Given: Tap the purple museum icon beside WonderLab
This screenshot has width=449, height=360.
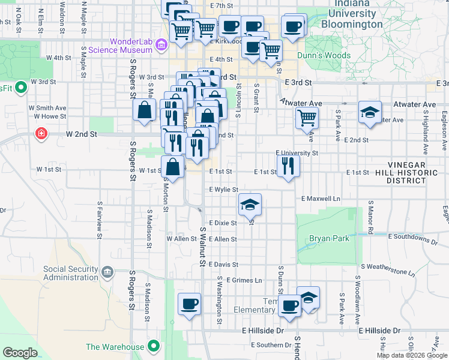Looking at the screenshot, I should pos(161,44).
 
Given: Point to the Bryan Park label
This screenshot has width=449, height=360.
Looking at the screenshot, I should pos(329,238).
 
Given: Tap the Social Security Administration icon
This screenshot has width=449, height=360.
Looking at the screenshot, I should pos(107,273).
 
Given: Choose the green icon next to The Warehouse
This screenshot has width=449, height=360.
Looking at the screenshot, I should pos(154,346).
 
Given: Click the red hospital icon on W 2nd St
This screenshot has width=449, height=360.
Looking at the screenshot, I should pos(41,133).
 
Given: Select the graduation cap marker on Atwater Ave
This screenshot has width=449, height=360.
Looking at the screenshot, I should pos(370,113).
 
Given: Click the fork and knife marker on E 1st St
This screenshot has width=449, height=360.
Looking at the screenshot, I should pos(289,166).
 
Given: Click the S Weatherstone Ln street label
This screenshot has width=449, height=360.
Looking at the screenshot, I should pos(388,269).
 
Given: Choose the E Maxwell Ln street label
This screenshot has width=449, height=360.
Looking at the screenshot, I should pos(321,198).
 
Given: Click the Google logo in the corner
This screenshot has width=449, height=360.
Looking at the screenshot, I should pos(20,353).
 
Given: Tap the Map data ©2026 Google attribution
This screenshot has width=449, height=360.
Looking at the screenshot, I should pos(412,355).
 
